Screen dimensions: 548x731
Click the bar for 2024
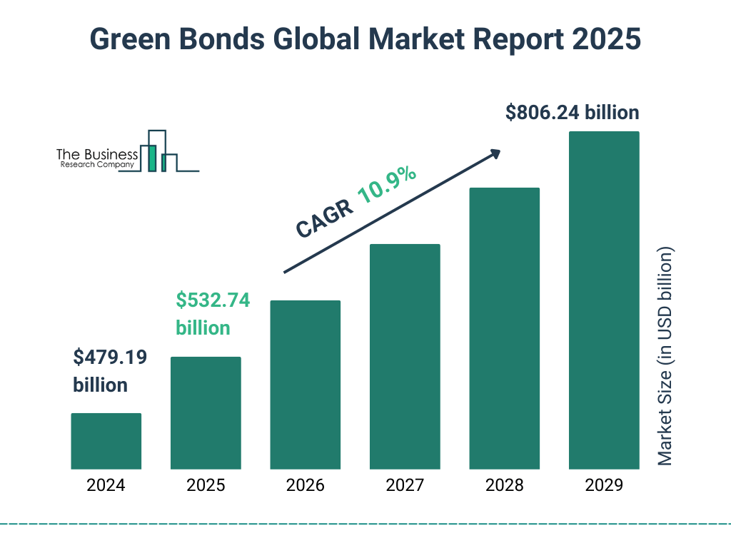(106, 441)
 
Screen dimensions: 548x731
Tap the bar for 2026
(305, 385)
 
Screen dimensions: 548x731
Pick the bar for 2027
(405, 356)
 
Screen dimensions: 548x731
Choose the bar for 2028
(504, 328)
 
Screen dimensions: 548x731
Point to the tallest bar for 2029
(604, 300)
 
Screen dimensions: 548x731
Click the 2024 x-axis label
(106, 486)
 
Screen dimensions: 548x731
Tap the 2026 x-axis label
(305, 486)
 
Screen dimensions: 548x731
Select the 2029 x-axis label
(604, 486)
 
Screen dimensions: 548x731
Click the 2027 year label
(405, 486)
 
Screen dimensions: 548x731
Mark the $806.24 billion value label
(572, 113)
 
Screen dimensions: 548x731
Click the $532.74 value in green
(213, 300)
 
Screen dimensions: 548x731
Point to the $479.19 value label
(110, 357)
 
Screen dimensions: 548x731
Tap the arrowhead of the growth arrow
(494, 153)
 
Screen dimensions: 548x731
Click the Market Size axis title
(665, 357)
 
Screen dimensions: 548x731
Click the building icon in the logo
(158, 152)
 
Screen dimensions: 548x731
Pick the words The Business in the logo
(97, 154)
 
